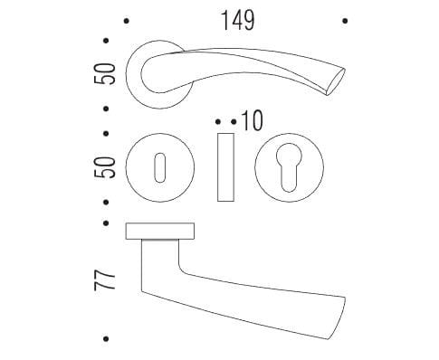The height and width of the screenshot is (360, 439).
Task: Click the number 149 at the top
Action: [238, 21]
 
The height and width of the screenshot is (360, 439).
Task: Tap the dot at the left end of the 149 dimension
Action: [127, 21]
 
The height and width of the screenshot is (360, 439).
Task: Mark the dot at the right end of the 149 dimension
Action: [345, 21]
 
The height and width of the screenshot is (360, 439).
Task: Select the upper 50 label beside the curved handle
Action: [105, 74]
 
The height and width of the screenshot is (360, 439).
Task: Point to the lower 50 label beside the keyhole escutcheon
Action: [105, 167]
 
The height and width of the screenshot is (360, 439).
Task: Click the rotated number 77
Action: [105, 279]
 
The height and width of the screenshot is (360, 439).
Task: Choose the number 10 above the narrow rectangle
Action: [253, 120]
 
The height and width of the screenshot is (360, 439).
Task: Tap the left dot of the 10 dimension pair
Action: [218, 122]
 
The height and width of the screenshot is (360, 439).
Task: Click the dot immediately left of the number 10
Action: [234, 122]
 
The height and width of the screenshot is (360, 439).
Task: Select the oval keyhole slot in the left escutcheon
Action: [160, 167]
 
